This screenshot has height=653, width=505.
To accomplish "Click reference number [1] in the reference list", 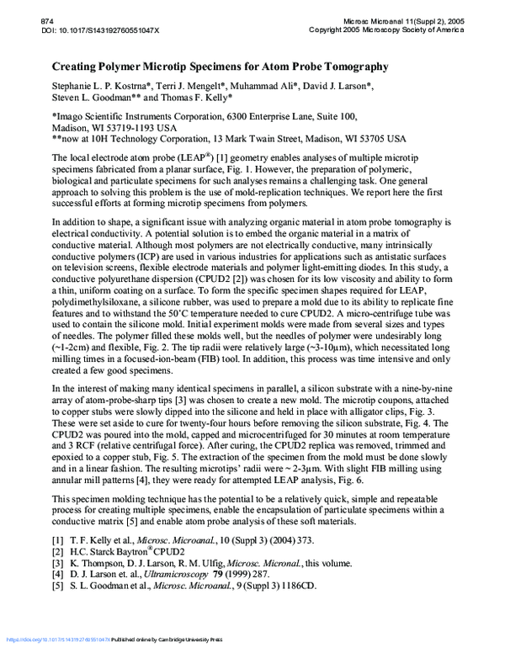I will point(57,539).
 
